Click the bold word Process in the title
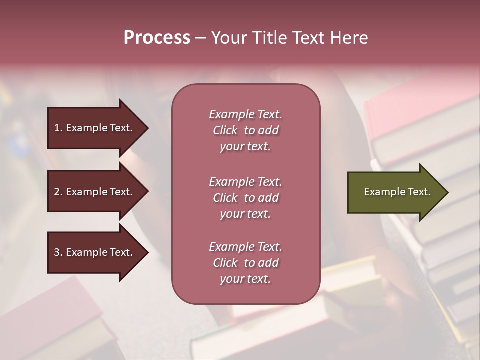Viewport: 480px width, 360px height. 157,38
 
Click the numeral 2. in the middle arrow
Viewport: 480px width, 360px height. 58,192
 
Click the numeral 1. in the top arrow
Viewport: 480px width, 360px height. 58,128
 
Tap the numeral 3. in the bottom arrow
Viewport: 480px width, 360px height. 58,253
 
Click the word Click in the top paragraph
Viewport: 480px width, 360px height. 225,131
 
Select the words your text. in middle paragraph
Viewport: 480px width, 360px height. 245,214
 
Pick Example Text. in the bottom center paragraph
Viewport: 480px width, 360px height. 245,247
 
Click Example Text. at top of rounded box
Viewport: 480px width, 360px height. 245,115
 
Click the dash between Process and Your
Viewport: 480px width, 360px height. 201,38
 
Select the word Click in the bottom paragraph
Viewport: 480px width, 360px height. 225,263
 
